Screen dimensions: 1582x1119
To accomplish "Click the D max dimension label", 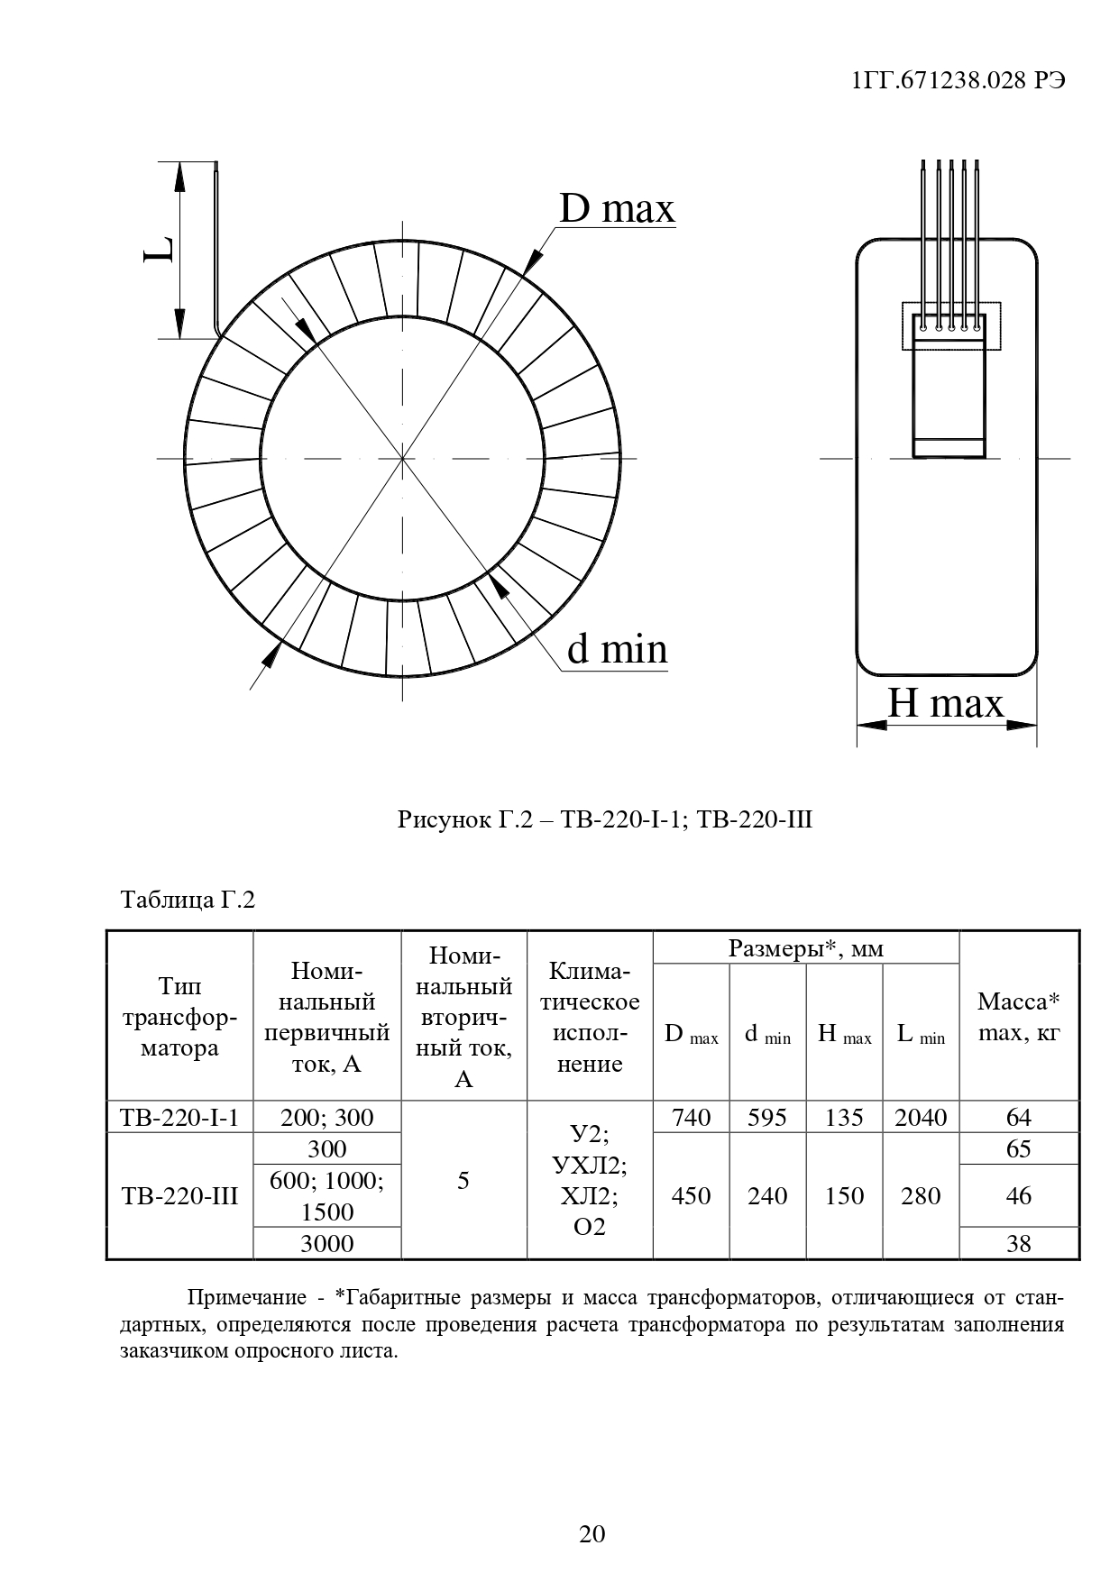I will click(617, 209).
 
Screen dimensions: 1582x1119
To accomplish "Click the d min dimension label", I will click(617, 649).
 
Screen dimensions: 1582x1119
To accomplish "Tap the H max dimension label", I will click(945, 703).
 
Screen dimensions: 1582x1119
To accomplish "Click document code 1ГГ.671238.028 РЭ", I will click(958, 80).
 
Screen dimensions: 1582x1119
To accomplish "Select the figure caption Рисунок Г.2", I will click(605, 820).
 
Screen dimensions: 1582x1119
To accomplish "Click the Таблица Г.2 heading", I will click(188, 900).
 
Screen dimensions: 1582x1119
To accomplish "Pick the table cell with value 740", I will click(691, 1118).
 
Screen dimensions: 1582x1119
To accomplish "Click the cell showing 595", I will click(766, 1118).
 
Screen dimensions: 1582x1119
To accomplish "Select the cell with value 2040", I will click(921, 1118).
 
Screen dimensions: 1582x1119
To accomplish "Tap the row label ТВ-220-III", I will click(179, 1196).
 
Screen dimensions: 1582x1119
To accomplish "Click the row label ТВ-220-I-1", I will click(179, 1118).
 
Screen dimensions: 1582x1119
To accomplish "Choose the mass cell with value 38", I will click(1018, 1244).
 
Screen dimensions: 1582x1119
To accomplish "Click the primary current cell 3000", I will click(326, 1244).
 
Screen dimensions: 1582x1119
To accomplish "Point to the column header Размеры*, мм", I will click(805, 948).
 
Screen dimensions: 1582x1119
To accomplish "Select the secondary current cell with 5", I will click(463, 1181).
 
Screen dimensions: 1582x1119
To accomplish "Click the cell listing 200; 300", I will click(326, 1118).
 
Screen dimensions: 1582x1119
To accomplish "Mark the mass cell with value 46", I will click(1018, 1196).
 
